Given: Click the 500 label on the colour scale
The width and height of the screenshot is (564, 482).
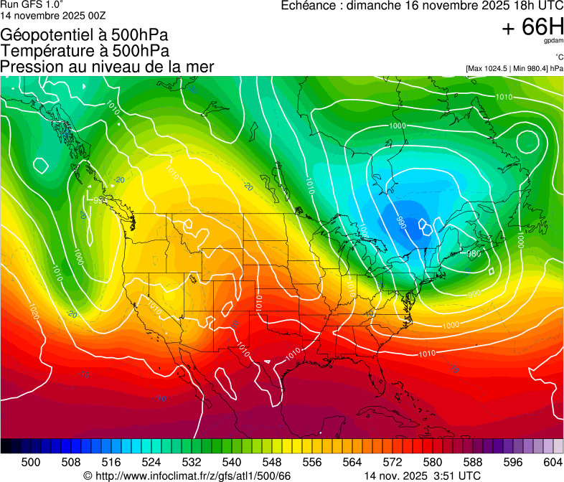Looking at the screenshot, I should [31, 463].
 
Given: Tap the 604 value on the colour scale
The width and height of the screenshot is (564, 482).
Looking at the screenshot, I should [553, 463].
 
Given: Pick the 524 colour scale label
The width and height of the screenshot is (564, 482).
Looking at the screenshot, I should [151, 463].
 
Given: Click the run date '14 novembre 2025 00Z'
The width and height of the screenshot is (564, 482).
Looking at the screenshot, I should [44, 14].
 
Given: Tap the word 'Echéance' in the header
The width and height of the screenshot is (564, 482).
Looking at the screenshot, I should [309, 6].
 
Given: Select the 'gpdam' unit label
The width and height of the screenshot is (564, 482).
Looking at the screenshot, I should [553, 42].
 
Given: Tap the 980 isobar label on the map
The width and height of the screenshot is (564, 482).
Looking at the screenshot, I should [474, 253].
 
